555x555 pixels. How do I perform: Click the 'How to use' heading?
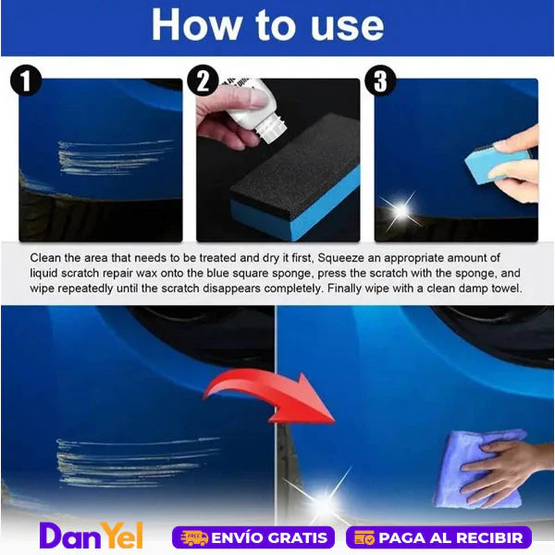[268, 26]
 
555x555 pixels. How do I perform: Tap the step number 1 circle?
[26, 80]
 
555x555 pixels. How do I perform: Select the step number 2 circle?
[203, 80]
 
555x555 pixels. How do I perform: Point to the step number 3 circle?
[380, 80]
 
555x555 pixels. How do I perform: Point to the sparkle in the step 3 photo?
[402, 211]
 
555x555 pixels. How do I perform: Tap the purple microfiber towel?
[478, 468]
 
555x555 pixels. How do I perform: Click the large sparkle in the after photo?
[323, 499]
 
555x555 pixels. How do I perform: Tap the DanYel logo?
[91, 536]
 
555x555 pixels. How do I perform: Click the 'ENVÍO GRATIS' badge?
[253, 537]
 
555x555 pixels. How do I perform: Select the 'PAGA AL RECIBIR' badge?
[438, 537]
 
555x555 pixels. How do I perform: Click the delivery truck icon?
[194, 537]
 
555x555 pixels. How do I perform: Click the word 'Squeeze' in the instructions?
[340, 258]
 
